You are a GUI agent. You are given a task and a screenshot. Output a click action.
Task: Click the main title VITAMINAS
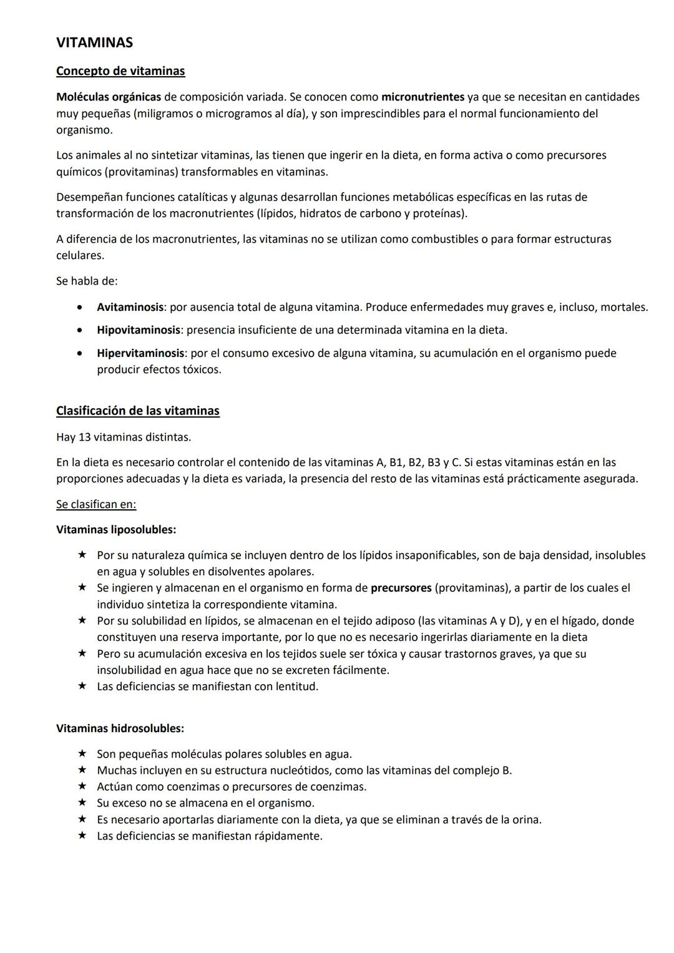click(94, 42)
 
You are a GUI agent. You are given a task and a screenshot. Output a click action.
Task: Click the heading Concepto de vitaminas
click(120, 71)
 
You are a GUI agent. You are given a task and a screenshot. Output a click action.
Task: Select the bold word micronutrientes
click(422, 97)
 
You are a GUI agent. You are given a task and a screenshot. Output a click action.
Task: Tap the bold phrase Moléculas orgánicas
click(108, 97)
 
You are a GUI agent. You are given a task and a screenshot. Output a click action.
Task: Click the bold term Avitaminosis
click(130, 307)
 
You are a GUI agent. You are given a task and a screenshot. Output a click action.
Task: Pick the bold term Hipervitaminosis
click(140, 353)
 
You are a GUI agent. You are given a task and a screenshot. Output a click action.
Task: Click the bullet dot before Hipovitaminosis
click(79, 330)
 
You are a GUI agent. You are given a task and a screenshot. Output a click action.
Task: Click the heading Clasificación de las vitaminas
click(137, 411)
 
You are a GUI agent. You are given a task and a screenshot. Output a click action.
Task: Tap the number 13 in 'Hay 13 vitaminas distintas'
click(85, 437)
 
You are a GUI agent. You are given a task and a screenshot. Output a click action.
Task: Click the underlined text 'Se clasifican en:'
click(96, 504)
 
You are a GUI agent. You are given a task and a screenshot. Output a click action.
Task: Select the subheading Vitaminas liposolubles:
click(116, 529)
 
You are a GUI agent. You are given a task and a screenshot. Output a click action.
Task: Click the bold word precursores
click(401, 588)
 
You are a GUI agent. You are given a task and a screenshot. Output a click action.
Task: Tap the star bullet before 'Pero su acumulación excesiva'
click(81, 653)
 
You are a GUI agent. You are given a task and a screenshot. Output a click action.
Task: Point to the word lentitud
click(296, 687)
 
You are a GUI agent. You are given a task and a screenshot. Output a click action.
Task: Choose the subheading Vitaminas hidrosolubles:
click(120, 728)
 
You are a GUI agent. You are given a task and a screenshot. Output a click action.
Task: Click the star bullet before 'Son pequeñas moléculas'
click(81, 754)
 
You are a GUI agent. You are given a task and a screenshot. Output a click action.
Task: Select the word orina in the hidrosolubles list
click(525, 819)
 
